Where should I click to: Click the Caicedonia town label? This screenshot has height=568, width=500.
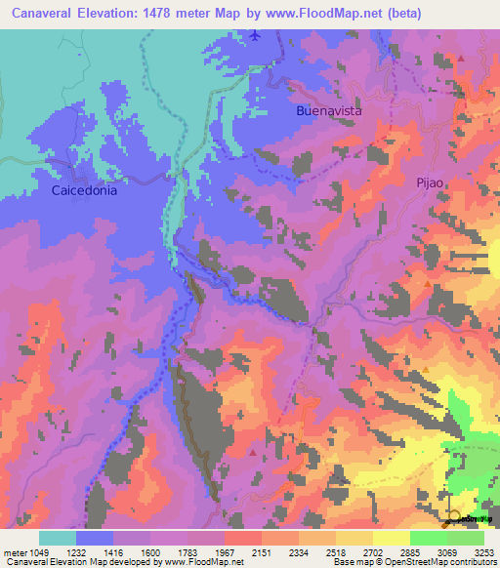(x=84, y=191)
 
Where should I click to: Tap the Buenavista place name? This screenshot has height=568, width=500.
(x=329, y=111)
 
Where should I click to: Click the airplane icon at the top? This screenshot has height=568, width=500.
(x=256, y=36)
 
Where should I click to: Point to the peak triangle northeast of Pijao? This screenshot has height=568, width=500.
(x=461, y=59)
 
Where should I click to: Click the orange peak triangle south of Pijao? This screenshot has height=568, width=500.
(x=428, y=285)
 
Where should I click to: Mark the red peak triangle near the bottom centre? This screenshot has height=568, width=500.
(x=253, y=452)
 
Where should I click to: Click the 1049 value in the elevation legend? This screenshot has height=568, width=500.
(x=39, y=552)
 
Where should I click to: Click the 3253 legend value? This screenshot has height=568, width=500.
(x=483, y=552)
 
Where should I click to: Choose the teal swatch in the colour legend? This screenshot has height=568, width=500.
(x=58, y=538)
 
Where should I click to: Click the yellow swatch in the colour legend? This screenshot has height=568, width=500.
(x=391, y=538)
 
